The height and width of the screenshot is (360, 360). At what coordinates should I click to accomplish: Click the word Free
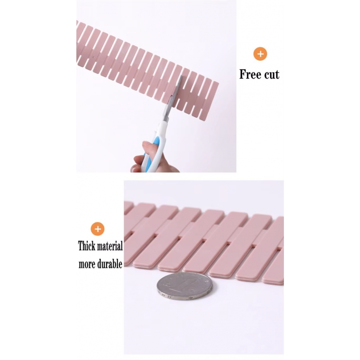[251, 74]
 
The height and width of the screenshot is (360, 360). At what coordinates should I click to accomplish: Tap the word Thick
[86, 246]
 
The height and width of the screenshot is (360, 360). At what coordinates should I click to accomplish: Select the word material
[110, 246]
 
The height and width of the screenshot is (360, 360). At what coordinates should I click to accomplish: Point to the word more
[87, 265]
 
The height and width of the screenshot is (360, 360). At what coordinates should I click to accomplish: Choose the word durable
[110, 264]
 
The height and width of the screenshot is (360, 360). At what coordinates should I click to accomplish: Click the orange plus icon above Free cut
[260, 54]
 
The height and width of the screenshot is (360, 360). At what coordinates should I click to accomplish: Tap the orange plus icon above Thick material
[98, 229]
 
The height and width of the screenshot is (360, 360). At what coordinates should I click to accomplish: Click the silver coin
[184, 286]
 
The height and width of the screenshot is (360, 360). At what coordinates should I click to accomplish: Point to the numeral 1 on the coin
[184, 284]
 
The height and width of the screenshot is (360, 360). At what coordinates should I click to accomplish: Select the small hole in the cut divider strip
[94, 58]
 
